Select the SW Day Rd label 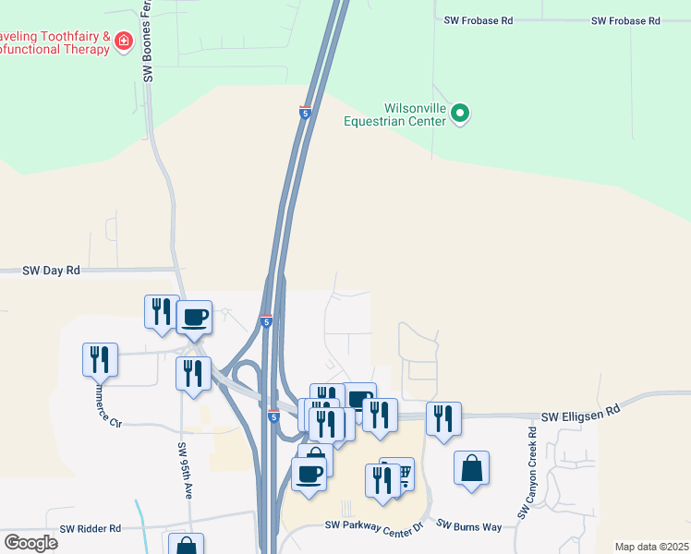pos(52,271)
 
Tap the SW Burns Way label pos(468,525)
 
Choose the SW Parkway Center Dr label pos(373,525)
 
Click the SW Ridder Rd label pos(91,529)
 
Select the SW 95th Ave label pos(185,471)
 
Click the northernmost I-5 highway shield pos(305,113)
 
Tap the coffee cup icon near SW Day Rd pos(194,317)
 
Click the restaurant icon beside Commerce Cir pos(101,358)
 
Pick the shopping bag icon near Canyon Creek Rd pos(471,467)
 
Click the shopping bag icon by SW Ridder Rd pos(185,546)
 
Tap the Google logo pos(30,543)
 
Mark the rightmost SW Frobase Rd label pos(626,20)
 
